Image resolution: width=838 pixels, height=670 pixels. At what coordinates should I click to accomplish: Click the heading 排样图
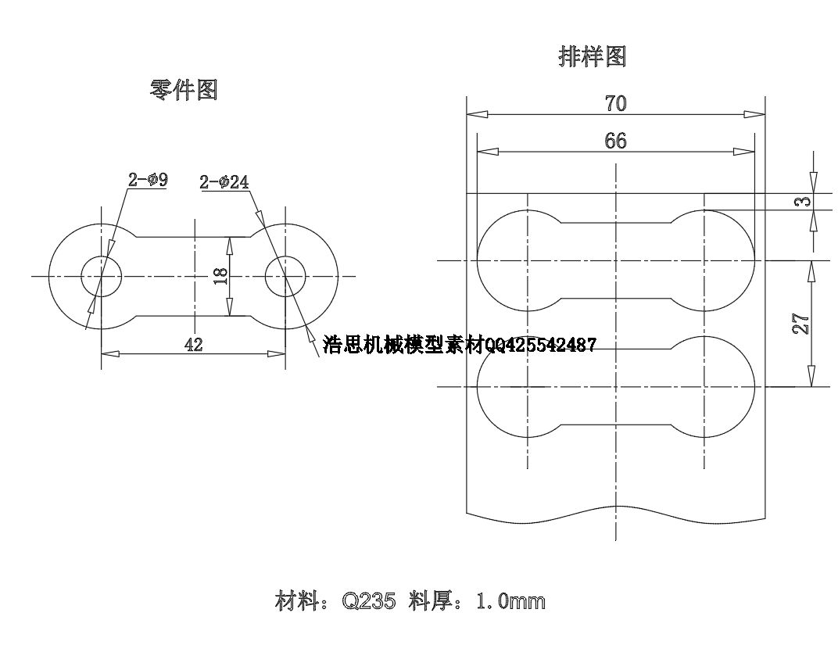[593, 56]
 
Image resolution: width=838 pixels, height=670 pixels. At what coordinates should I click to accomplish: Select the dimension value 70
[616, 103]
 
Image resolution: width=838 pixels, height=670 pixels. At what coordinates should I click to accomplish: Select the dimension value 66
[616, 141]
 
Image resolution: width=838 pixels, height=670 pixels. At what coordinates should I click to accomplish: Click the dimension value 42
[193, 345]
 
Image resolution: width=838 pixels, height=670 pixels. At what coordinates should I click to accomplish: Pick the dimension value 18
[220, 275]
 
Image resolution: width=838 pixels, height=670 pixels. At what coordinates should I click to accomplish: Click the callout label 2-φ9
[149, 181]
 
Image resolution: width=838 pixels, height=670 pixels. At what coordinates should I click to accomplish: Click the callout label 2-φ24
[224, 182]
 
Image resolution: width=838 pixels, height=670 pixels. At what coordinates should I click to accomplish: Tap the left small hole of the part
[102, 276]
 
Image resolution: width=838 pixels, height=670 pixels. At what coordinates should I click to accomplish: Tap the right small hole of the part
[285, 276]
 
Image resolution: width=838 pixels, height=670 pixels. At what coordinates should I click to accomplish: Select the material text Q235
[370, 601]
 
